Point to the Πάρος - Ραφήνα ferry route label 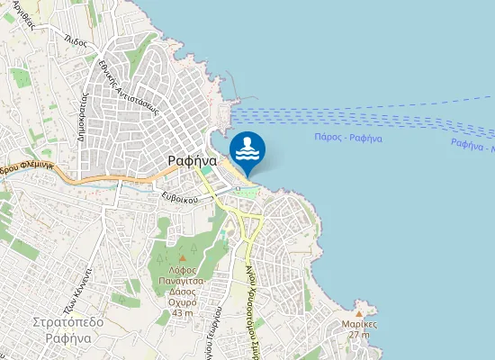[350, 138]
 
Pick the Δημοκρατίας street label [82, 115]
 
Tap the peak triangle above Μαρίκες [359, 313]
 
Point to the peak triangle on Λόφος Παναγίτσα [181, 259]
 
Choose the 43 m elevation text [181, 311]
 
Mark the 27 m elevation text [359, 335]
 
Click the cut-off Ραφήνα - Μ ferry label [472, 144]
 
